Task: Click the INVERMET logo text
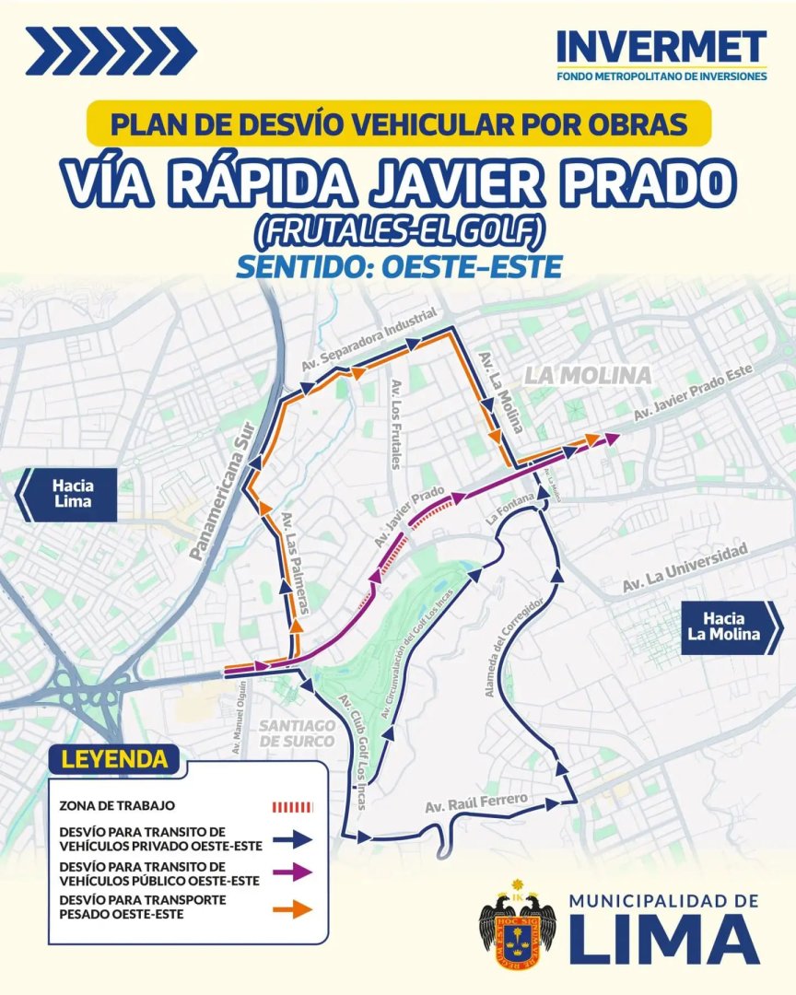click(x=661, y=47)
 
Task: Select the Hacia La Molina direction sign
click(x=728, y=626)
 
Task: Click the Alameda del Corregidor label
click(x=517, y=645)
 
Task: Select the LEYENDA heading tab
click(x=114, y=760)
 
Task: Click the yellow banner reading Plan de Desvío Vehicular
click(x=398, y=123)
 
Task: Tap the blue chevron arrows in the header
click(x=111, y=51)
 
